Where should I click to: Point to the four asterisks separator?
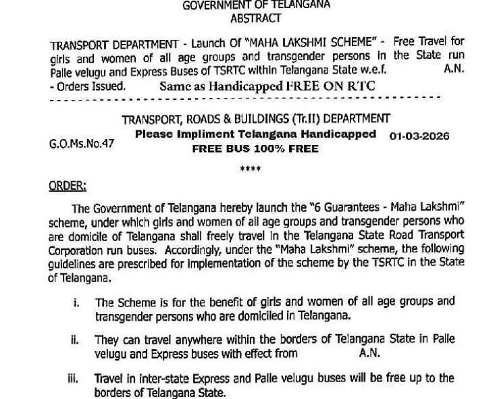click(x=251, y=169)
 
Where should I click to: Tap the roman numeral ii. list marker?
click(x=76, y=341)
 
